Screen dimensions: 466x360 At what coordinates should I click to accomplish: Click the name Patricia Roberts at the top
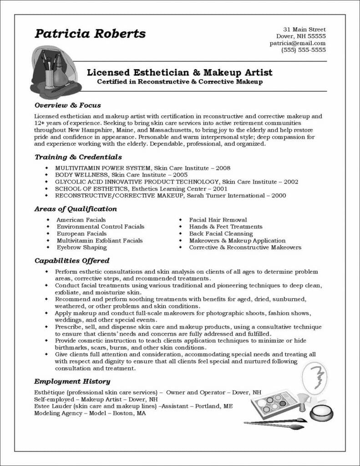(x=90, y=34)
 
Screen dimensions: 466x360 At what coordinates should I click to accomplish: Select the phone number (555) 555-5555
(x=304, y=50)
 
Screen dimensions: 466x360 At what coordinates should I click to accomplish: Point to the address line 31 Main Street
(x=304, y=29)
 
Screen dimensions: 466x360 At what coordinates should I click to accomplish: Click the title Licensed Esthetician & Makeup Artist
(x=180, y=72)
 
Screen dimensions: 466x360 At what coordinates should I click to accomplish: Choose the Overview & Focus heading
(x=68, y=105)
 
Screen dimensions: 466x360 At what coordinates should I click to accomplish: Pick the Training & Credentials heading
(x=78, y=157)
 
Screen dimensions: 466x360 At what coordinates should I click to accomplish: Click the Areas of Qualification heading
(x=76, y=209)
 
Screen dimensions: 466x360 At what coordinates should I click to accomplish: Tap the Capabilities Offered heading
(x=72, y=261)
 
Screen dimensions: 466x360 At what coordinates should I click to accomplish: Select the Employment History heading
(x=72, y=381)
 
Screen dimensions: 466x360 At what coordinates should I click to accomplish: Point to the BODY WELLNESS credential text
(x=81, y=175)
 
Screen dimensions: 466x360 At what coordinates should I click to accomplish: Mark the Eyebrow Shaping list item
(x=81, y=248)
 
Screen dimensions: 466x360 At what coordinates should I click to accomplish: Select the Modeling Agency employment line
(x=90, y=414)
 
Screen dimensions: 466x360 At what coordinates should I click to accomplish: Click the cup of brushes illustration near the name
(x=51, y=71)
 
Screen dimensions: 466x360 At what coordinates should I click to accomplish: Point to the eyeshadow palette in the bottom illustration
(x=273, y=403)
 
